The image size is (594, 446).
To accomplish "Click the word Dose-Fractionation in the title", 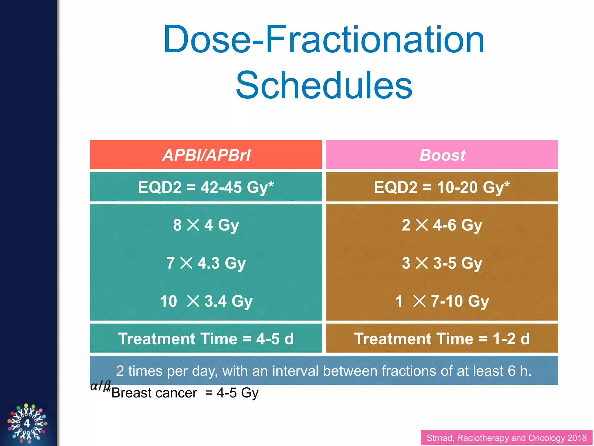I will (x=324, y=39).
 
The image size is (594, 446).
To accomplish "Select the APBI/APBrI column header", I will (x=206, y=155).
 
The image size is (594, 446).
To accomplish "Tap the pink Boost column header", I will (x=442, y=155).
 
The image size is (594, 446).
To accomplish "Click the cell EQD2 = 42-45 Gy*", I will (x=206, y=187).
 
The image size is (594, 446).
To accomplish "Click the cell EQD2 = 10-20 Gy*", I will (x=442, y=187).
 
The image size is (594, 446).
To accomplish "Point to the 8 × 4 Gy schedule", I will (x=206, y=225).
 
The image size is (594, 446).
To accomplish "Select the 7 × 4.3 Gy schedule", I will (x=206, y=263).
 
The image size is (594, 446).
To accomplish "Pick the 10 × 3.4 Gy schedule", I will (x=206, y=301).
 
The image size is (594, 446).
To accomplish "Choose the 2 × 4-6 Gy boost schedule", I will (x=442, y=225).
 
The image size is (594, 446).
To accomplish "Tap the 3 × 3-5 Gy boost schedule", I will (x=442, y=263).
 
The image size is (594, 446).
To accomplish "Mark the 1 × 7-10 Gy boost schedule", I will (x=442, y=301).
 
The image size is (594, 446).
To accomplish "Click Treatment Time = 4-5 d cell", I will (x=206, y=339).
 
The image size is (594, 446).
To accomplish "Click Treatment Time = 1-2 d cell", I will (x=442, y=339).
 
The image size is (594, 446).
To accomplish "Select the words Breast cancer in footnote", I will (x=154, y=393).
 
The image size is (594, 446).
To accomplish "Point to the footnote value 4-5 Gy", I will (x=237, y=393).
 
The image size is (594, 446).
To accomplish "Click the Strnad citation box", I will (x=506, y=438).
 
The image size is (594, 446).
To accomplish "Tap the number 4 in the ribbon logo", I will (x=27, y=423).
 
